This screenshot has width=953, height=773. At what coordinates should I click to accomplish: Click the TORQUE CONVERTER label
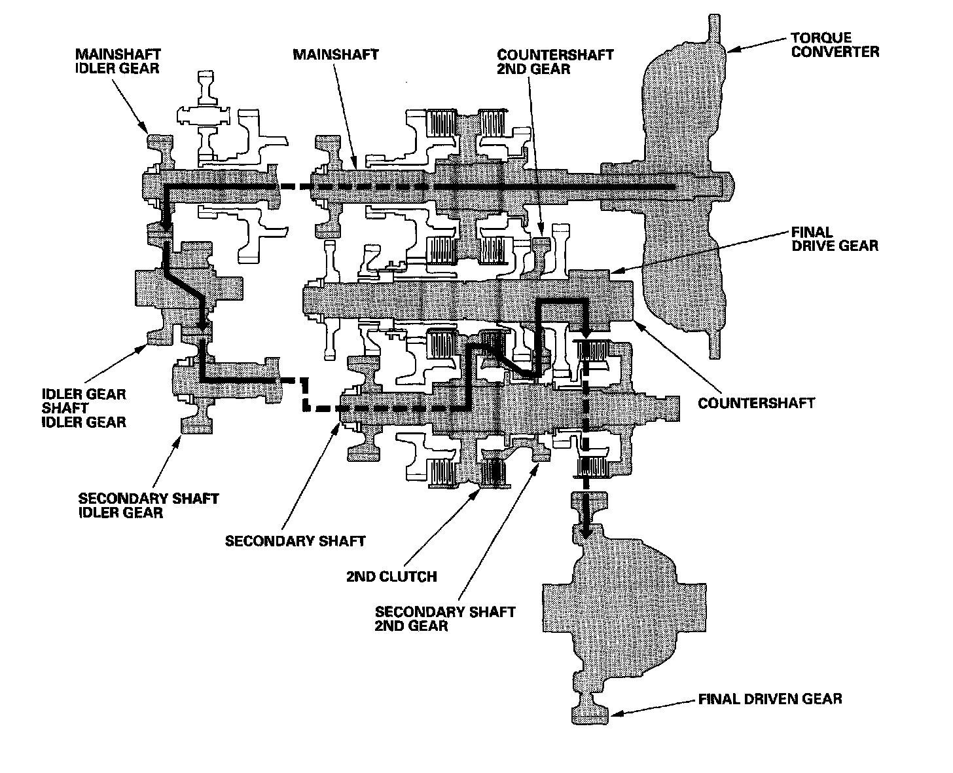pyautogui.click(x=835, y=45)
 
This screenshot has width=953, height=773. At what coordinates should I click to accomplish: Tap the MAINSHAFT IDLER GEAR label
pyautogui.click(x=118, y=62)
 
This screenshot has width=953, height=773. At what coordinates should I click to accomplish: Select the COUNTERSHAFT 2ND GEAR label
pyautogui.click(x=555, y=62)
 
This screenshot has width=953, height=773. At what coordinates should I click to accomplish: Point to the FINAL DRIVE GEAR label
pyautogui.click(x=835, y=238)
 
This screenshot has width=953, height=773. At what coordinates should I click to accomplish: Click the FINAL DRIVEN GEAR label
pyautogui.click(x=770, y=699)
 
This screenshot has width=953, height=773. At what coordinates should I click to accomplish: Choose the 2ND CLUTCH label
pyautogui.click(x=391, y=576)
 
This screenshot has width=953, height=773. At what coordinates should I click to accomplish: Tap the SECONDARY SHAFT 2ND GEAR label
pyautogui.click(x=445, y=618)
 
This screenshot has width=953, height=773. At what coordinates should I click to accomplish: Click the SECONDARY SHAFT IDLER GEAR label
pyautogui.click(x=149, y=505)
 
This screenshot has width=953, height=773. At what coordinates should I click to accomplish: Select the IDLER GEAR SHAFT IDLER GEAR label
pyautogui.click(x=84, y=407)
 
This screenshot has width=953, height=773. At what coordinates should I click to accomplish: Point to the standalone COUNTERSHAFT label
pyautogui.click(x=756, y=403)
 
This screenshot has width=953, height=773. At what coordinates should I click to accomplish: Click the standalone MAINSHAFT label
pyautogui.click(x=336, y=54)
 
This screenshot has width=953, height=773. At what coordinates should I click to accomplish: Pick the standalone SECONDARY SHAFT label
pyautogui.click(x=295, y=540)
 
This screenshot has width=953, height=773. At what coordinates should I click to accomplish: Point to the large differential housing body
pyautogui.click(x=624, y=618)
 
